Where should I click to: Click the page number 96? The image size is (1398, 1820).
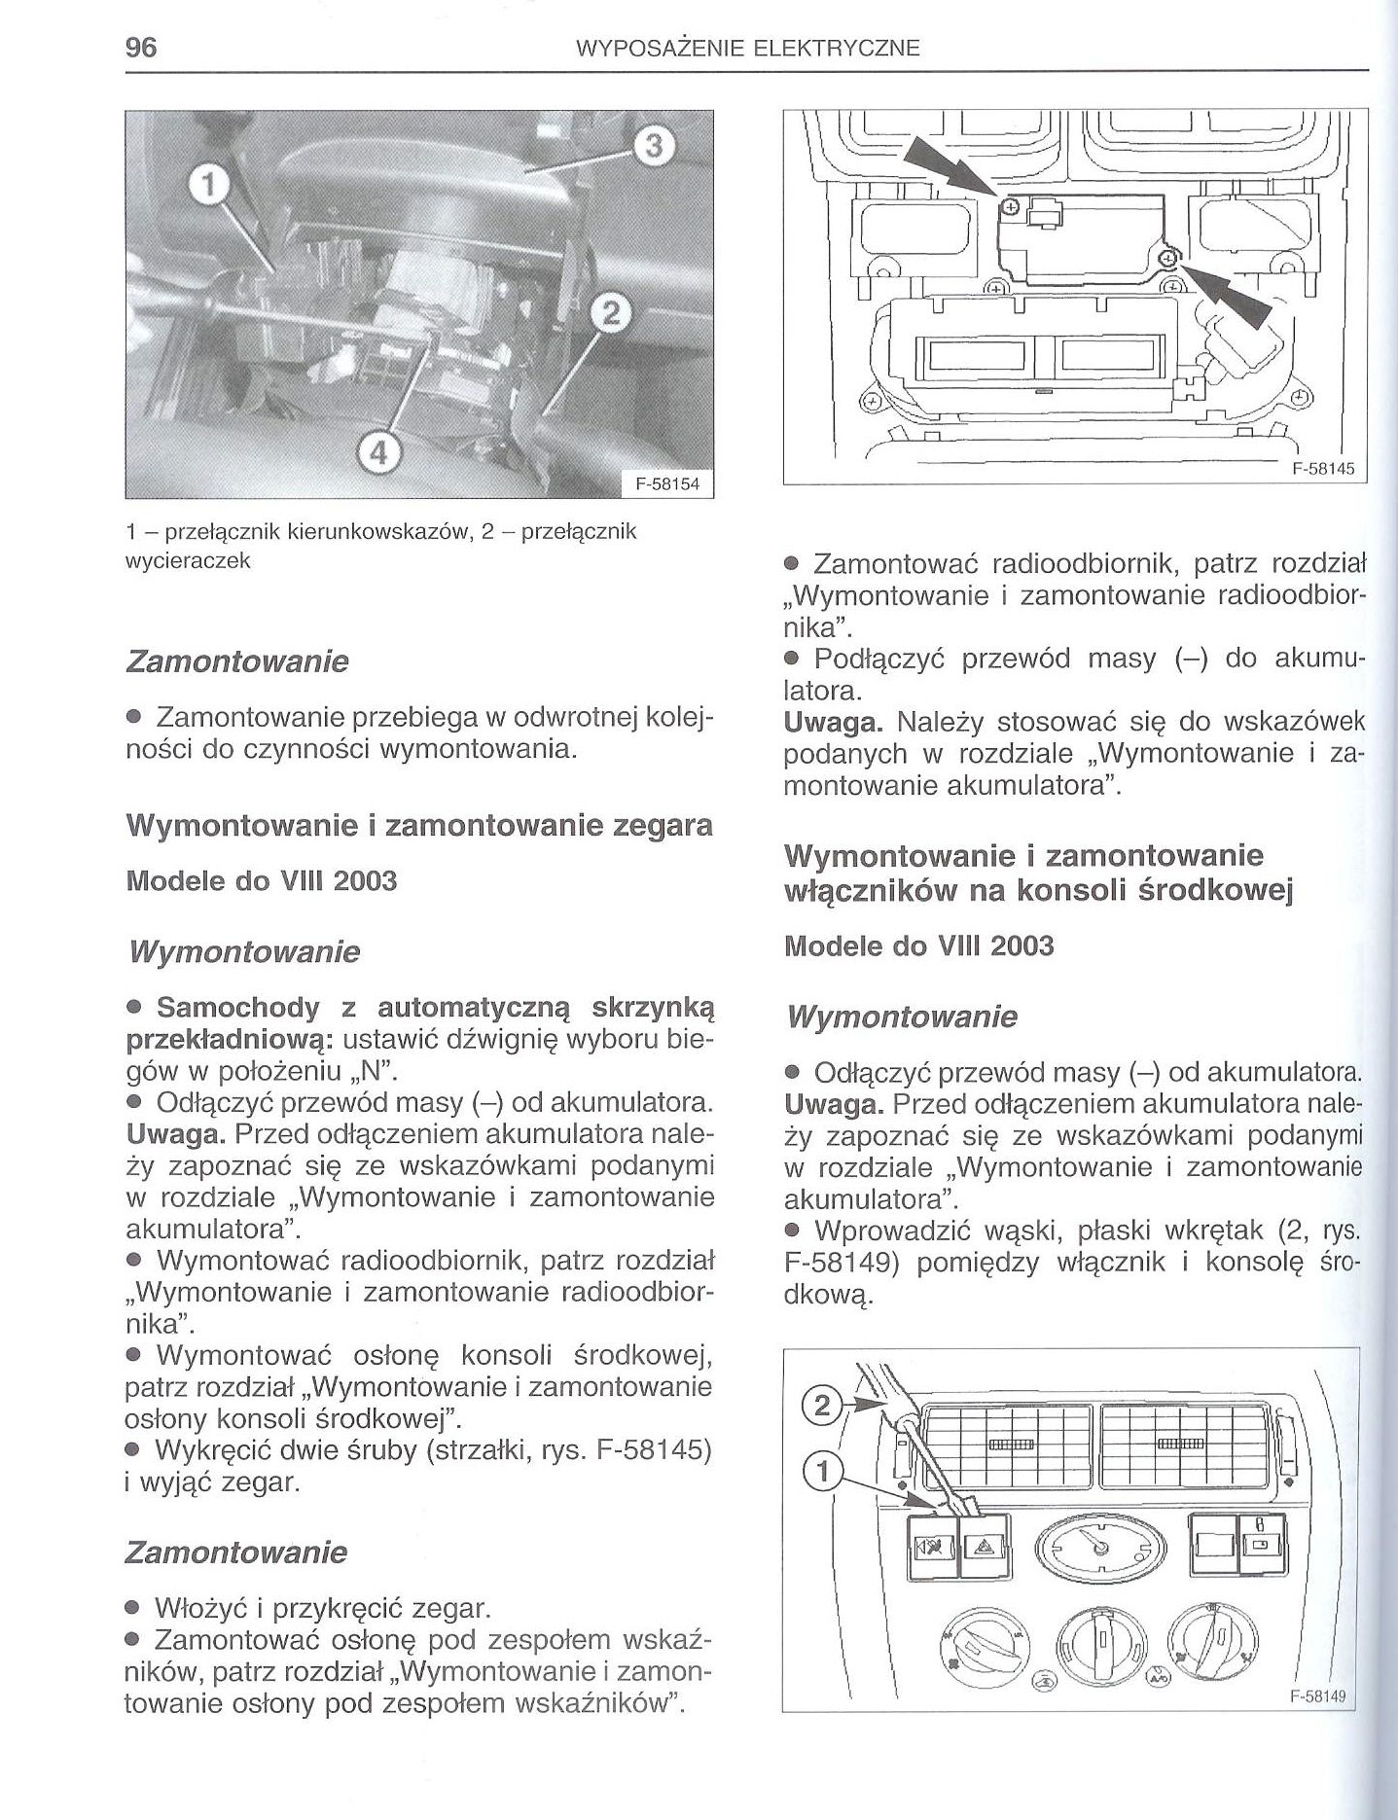[142, 48]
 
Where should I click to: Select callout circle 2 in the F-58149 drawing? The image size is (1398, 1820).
[822, 1404]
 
